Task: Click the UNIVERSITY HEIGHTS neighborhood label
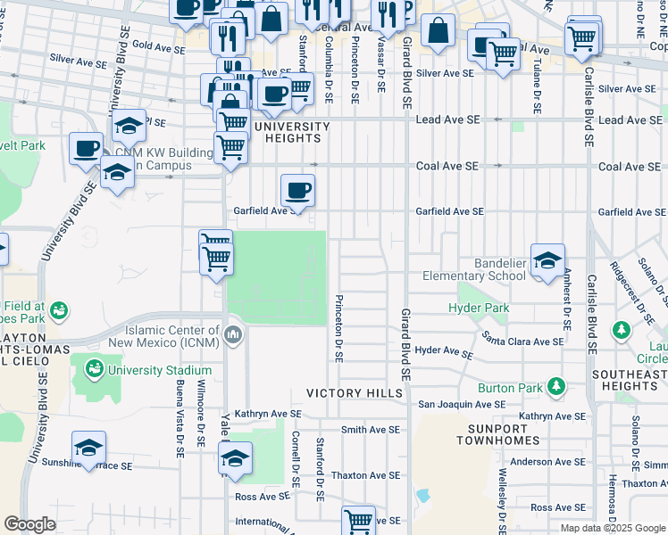[292, 132]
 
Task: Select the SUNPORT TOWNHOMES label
[498, 434]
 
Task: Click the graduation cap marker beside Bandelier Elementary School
[547, 261]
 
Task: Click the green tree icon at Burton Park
[557, 385]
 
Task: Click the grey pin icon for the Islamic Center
[233, 335]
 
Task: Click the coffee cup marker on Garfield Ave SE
[297, 190]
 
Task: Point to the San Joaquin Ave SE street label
[457, 404]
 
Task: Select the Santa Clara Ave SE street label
[523, 339]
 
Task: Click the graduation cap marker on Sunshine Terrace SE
[89, 449]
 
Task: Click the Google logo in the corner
[29, 524]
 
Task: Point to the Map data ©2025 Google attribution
[613, 528]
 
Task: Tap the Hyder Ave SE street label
[443, 352]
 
